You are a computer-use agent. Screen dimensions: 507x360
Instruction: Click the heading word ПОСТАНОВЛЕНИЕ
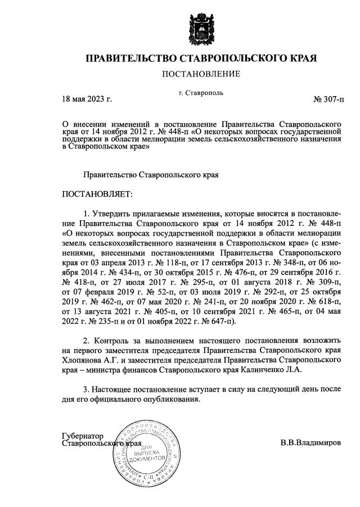[201, 74]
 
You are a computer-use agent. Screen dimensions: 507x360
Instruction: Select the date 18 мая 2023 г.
[87, 100]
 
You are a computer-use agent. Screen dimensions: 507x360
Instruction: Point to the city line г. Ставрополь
[201, 92]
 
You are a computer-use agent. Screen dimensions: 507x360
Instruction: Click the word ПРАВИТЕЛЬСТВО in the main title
[130, 58]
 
